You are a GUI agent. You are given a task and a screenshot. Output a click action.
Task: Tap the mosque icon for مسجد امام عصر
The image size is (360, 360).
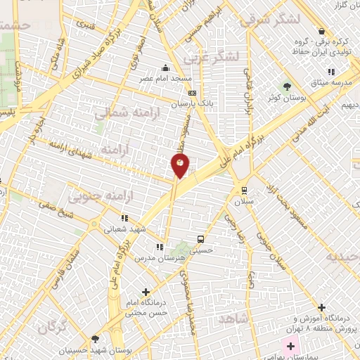[x=165, y=68]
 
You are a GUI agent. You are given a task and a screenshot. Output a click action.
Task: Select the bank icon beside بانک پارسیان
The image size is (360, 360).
[x=193, y=92]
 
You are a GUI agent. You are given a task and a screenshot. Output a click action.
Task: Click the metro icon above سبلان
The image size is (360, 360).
[x=244, y=189]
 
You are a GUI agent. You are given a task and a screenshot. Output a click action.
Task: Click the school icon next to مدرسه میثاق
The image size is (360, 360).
[x=331, y=72]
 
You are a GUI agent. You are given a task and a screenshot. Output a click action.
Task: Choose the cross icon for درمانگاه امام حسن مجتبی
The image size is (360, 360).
[x=146, y=291]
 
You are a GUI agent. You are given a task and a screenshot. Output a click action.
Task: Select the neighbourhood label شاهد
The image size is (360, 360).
[x=234, y=319]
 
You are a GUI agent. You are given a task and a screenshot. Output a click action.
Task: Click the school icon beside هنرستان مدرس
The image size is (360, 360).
[x=160, y=247]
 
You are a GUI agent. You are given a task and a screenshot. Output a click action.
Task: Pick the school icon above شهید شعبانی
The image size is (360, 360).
[x=125, y=218]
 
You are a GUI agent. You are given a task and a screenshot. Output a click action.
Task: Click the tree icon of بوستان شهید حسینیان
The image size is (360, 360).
[x=96, y=338]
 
